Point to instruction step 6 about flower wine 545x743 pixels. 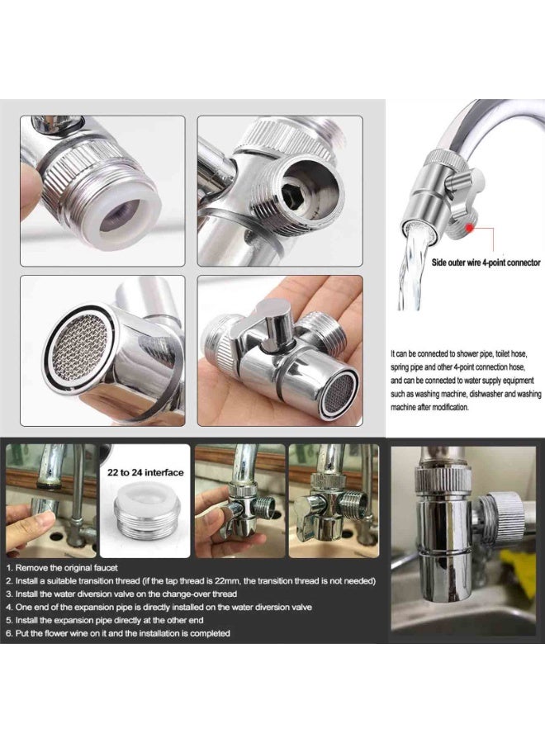(x=118, y=633)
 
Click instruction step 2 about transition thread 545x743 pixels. (x=190, y=580)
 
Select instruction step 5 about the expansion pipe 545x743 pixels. (x=111, y=620)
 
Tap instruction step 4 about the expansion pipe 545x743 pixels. (x=159, y=607)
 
